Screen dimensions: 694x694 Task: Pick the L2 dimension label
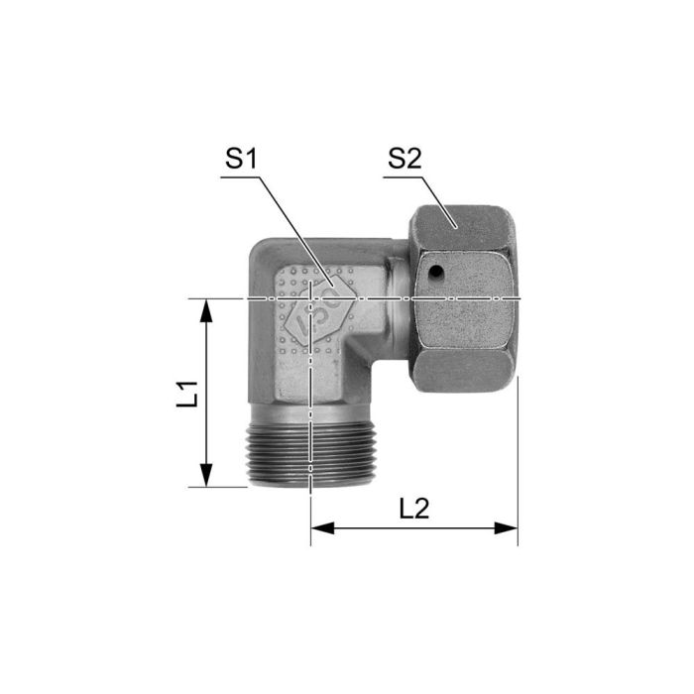point(414,509)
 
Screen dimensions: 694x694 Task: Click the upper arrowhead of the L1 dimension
point(206,308)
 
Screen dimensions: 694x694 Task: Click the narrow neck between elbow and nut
point(398,295)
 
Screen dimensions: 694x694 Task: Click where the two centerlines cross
point(312,298)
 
